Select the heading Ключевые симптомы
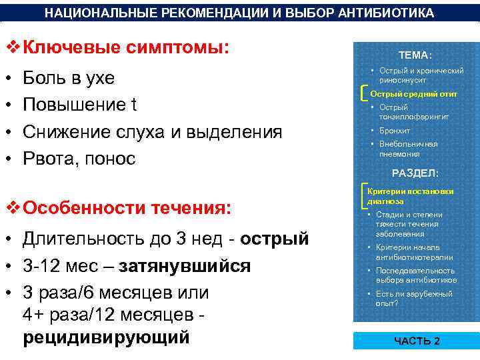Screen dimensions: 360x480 (125, 48)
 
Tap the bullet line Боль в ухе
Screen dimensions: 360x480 (69, 78)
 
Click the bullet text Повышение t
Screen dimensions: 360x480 (80, 105)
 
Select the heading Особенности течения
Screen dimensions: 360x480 (127, 207)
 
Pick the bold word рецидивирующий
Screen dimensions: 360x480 (107, 337)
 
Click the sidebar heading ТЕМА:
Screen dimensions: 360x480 (415, 55)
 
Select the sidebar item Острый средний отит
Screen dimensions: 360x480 (413, 94)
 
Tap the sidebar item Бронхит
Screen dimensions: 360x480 (395, 131)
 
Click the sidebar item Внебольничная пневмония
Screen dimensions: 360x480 (408, 149)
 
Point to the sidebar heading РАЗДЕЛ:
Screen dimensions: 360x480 (415, 173)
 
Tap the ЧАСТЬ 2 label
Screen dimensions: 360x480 (417, 341)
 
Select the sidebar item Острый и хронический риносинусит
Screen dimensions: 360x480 (421, 74)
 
